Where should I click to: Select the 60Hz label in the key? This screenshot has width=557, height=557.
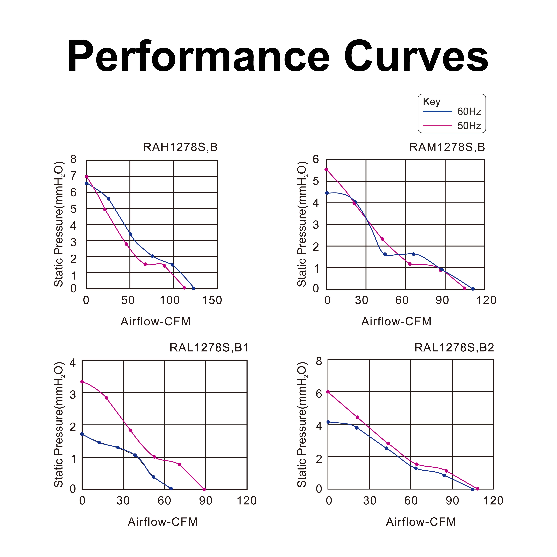pos(469,112)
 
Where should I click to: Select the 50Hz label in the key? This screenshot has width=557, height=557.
pos(469,126)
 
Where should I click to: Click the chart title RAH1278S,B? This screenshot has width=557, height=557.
pos(180,147)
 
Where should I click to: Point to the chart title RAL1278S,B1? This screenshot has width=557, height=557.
pos(209,348)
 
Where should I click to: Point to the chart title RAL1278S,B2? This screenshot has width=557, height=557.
pos(454,348)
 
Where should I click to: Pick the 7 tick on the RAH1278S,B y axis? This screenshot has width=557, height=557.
pos(74,176)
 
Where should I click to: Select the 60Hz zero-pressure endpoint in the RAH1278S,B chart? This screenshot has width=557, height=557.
pos(194,288)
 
